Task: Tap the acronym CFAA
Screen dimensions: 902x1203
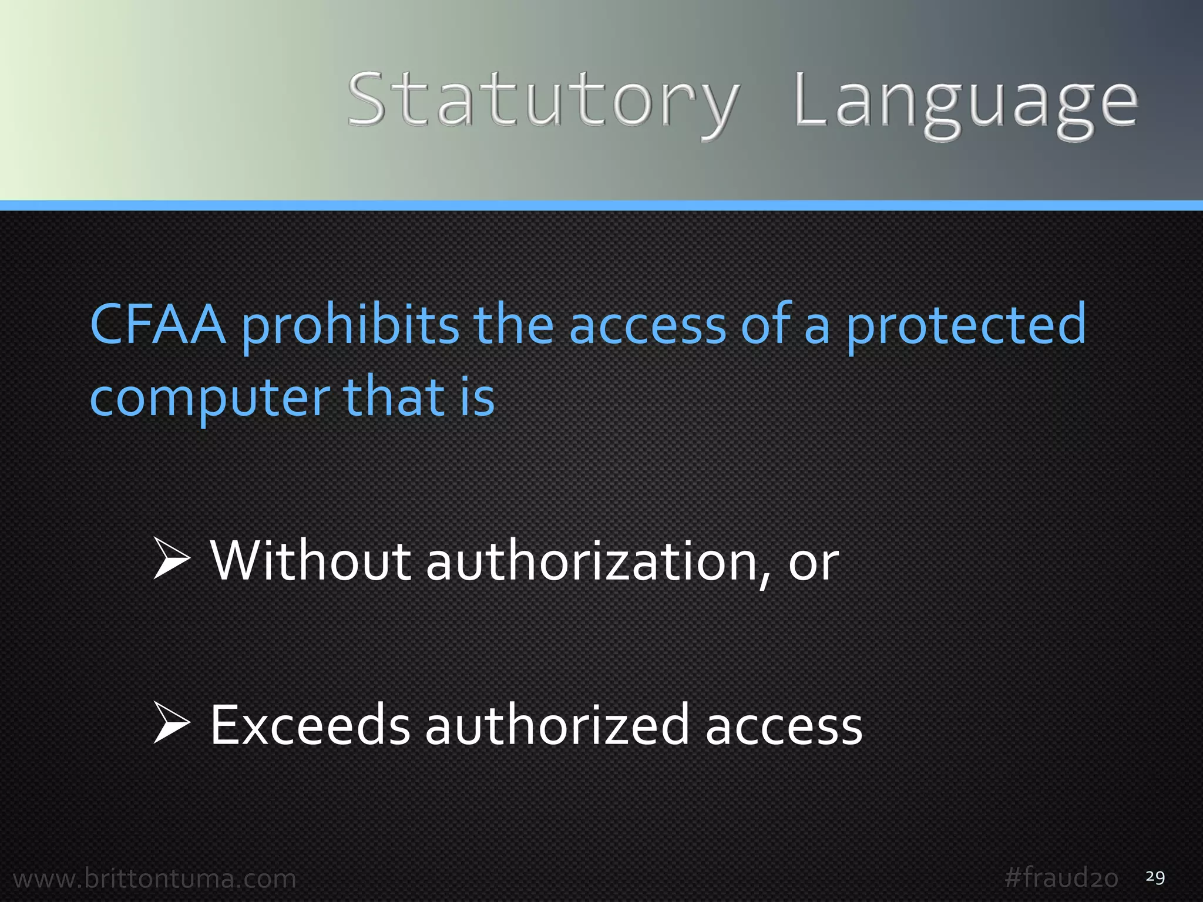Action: tap(157, 324)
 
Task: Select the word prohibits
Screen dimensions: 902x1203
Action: tap(350, 326)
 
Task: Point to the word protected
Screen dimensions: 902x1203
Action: tap(966, 326)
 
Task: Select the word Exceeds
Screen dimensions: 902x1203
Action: tap(310, 726)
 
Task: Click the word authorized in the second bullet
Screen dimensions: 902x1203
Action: tap(556, 726)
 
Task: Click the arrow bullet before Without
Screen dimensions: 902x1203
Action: tap(172, 560)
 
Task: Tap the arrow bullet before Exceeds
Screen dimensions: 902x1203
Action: tap(172, 724)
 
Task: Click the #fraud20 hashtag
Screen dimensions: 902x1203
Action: tap(1061, 879)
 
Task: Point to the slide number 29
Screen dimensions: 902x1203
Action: tap(1155, 877)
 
